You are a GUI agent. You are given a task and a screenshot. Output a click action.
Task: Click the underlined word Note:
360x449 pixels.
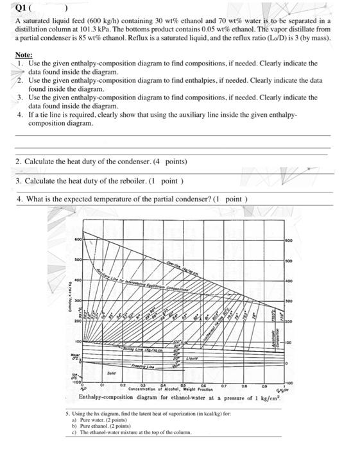tap(24, 56)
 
